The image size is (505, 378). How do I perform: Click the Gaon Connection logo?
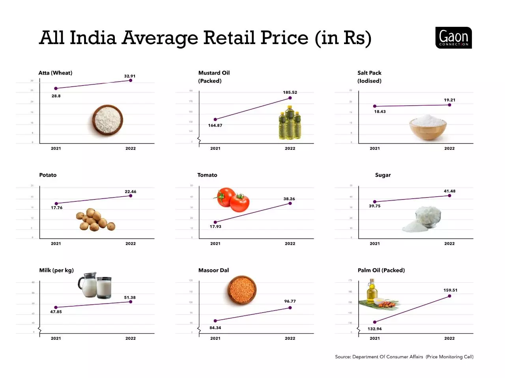pos(453,38)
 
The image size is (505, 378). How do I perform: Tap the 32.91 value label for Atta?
pos(129,76)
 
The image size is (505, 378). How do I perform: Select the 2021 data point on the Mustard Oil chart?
pos(215,119)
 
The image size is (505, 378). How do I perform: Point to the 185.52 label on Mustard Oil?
pos(290,92)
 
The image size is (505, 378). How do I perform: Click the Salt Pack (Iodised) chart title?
pos(369,77)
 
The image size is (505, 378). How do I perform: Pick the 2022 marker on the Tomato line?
pos(290,203)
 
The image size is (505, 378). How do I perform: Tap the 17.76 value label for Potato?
pos(56,208)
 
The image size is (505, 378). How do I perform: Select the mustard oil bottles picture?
pos(290,123)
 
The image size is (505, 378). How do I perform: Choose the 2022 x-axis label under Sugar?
pos(449,244)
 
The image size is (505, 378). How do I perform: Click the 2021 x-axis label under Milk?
pos(56,338)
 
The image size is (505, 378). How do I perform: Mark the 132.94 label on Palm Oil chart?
pos(374,329)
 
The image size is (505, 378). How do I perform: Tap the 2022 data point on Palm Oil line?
pos(449,296)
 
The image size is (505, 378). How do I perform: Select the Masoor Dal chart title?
pos(213,270)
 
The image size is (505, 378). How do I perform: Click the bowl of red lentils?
pos(242,290)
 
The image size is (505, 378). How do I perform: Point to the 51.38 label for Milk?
pos(130,298)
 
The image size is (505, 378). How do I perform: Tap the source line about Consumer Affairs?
pos(404,357)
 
